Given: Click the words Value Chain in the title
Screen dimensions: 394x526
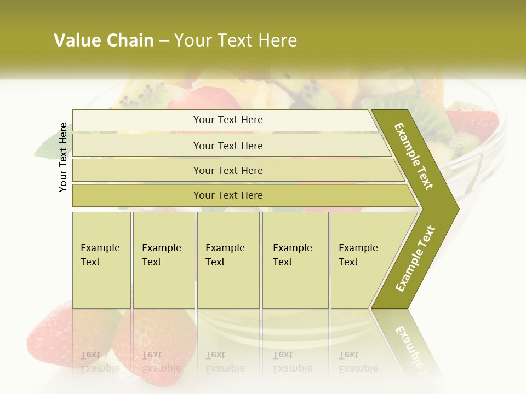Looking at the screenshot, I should click(104, 40).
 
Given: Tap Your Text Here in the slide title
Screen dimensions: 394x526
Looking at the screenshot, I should click(236, 40).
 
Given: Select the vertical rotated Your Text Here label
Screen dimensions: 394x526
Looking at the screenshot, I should click(64, 158).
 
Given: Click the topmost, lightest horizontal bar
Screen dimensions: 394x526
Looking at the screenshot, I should click(227, 120).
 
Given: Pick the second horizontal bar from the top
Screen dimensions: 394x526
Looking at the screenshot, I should click(227, 146).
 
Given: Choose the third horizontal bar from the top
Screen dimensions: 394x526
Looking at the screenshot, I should click(227, 170).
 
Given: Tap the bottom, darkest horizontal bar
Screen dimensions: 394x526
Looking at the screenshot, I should click(227, 195).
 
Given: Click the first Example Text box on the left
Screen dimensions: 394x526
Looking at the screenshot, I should click(101, 260).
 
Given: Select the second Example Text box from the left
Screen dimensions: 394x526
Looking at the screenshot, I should click(163, 260).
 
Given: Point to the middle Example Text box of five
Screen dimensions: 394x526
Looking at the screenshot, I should click(228, 260).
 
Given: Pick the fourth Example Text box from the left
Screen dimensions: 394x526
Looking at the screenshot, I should click(295, 260).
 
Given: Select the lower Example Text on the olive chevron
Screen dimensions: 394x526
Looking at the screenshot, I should click(415, 258).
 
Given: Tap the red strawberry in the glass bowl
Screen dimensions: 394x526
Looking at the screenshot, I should click(471, 123).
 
